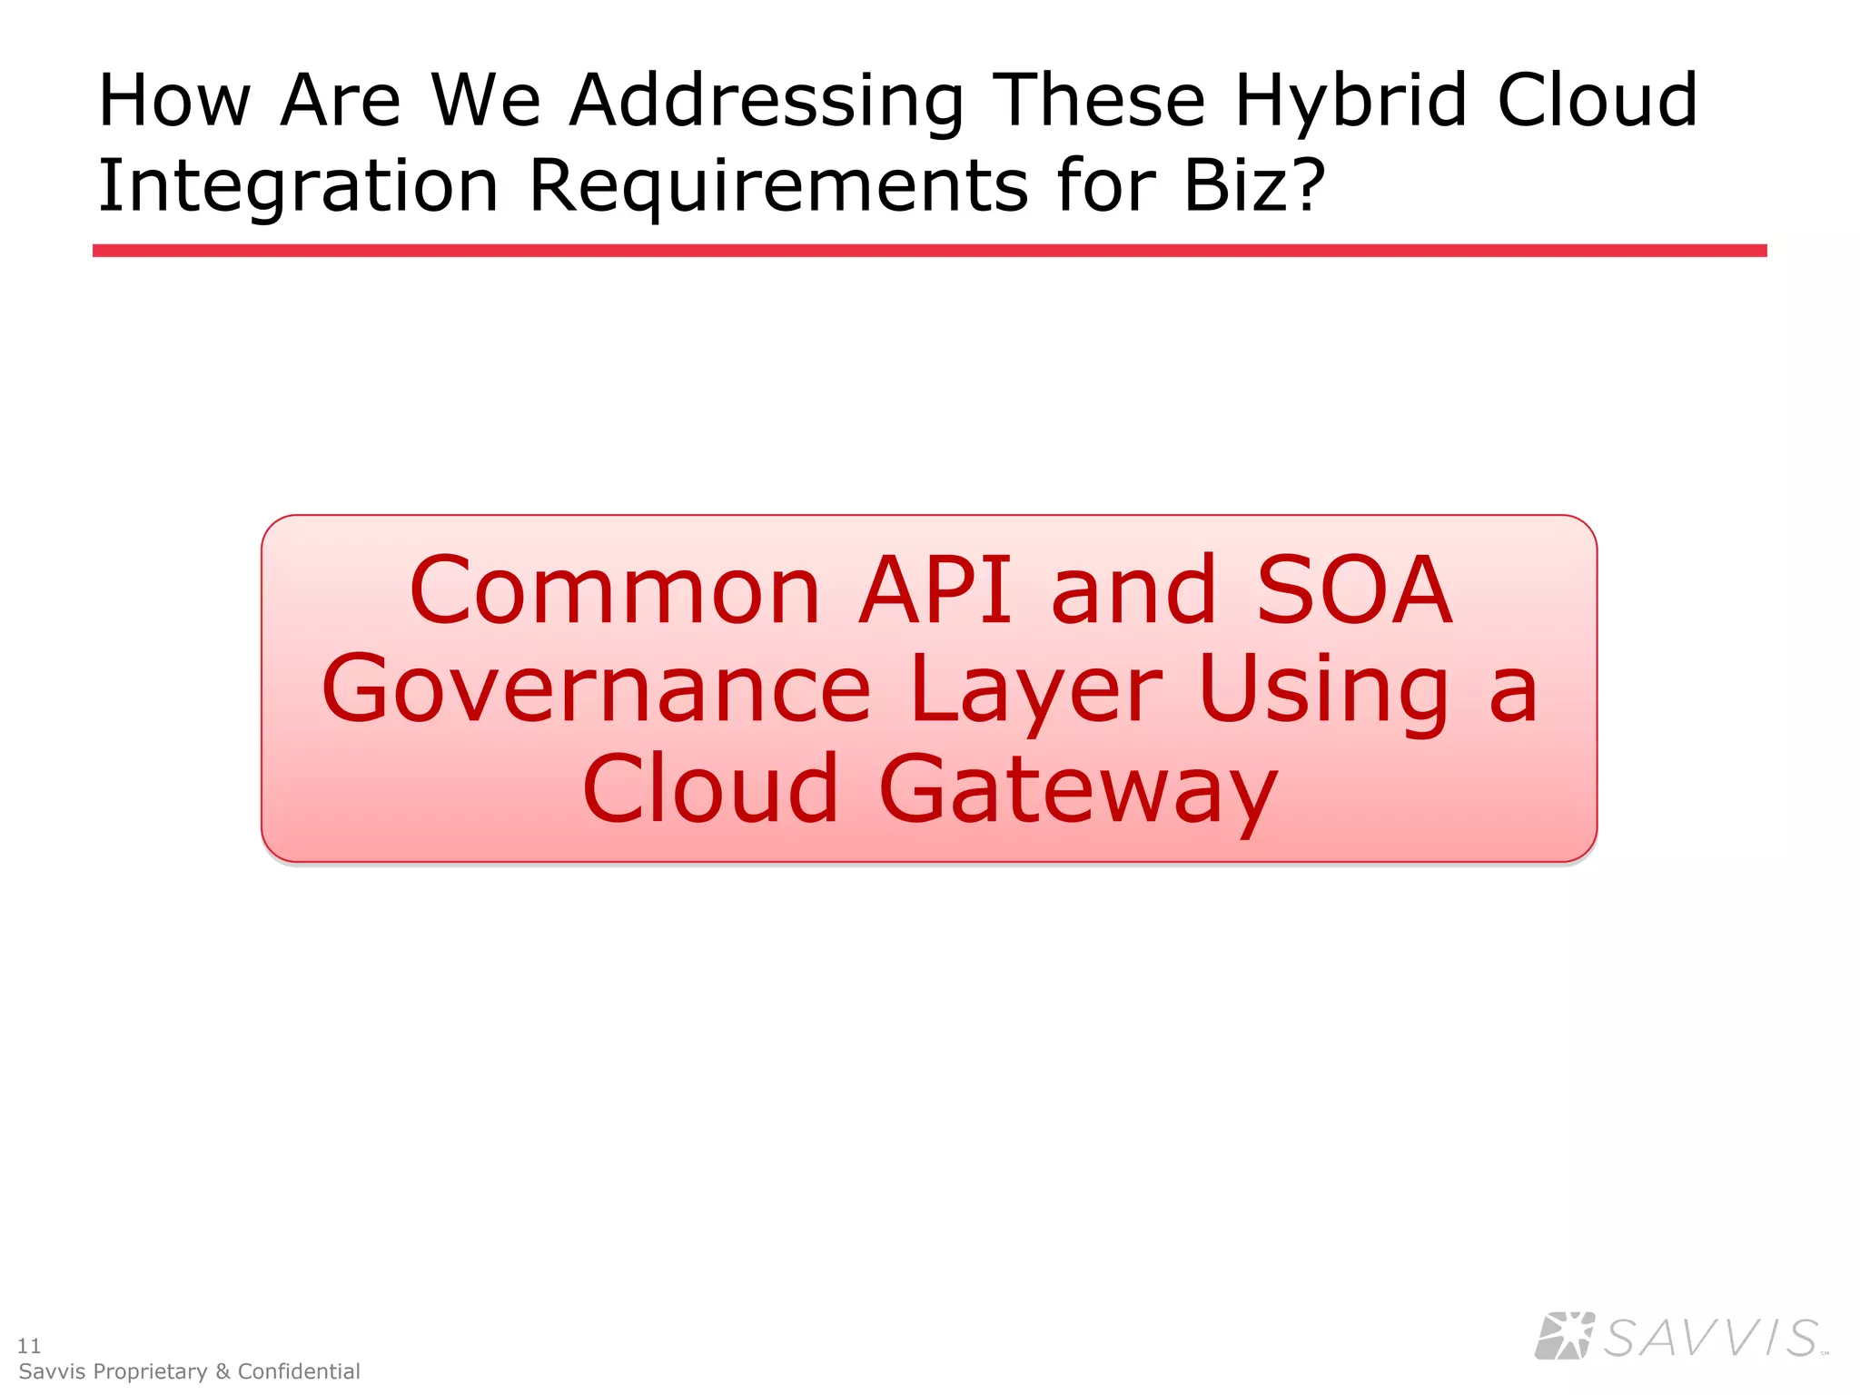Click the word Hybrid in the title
click(1350, 102)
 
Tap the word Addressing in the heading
click(766, 102)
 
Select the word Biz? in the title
click(1254, 186)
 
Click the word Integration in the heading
click(298, 186)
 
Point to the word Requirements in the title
click(777, 186)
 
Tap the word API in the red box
click(935, 591)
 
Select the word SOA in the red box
click(1353, 591)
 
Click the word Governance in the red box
click(596, 690)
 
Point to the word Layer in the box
click(1035, 690)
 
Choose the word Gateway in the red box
click(1078, 788)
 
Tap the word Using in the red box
click(1322, 690)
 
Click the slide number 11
click(29, 1345)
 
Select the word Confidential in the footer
click(299, 1371)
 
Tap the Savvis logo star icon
click(1564, 1336)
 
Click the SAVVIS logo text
click(1711, 1339)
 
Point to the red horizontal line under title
click(929, 251)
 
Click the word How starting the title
click(173, 102)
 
